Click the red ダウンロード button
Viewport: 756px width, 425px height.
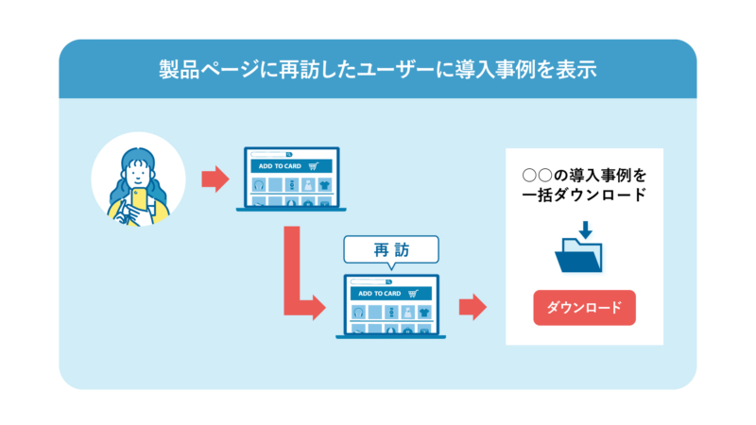coord(584,308)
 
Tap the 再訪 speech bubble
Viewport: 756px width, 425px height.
coord(391,250)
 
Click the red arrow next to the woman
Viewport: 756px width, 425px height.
coord(215,178)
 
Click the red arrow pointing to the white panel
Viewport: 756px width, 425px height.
coord(472,306)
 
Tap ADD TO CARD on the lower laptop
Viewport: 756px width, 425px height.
coord(380,294)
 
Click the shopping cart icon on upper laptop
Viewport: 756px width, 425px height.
coord(314,165)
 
